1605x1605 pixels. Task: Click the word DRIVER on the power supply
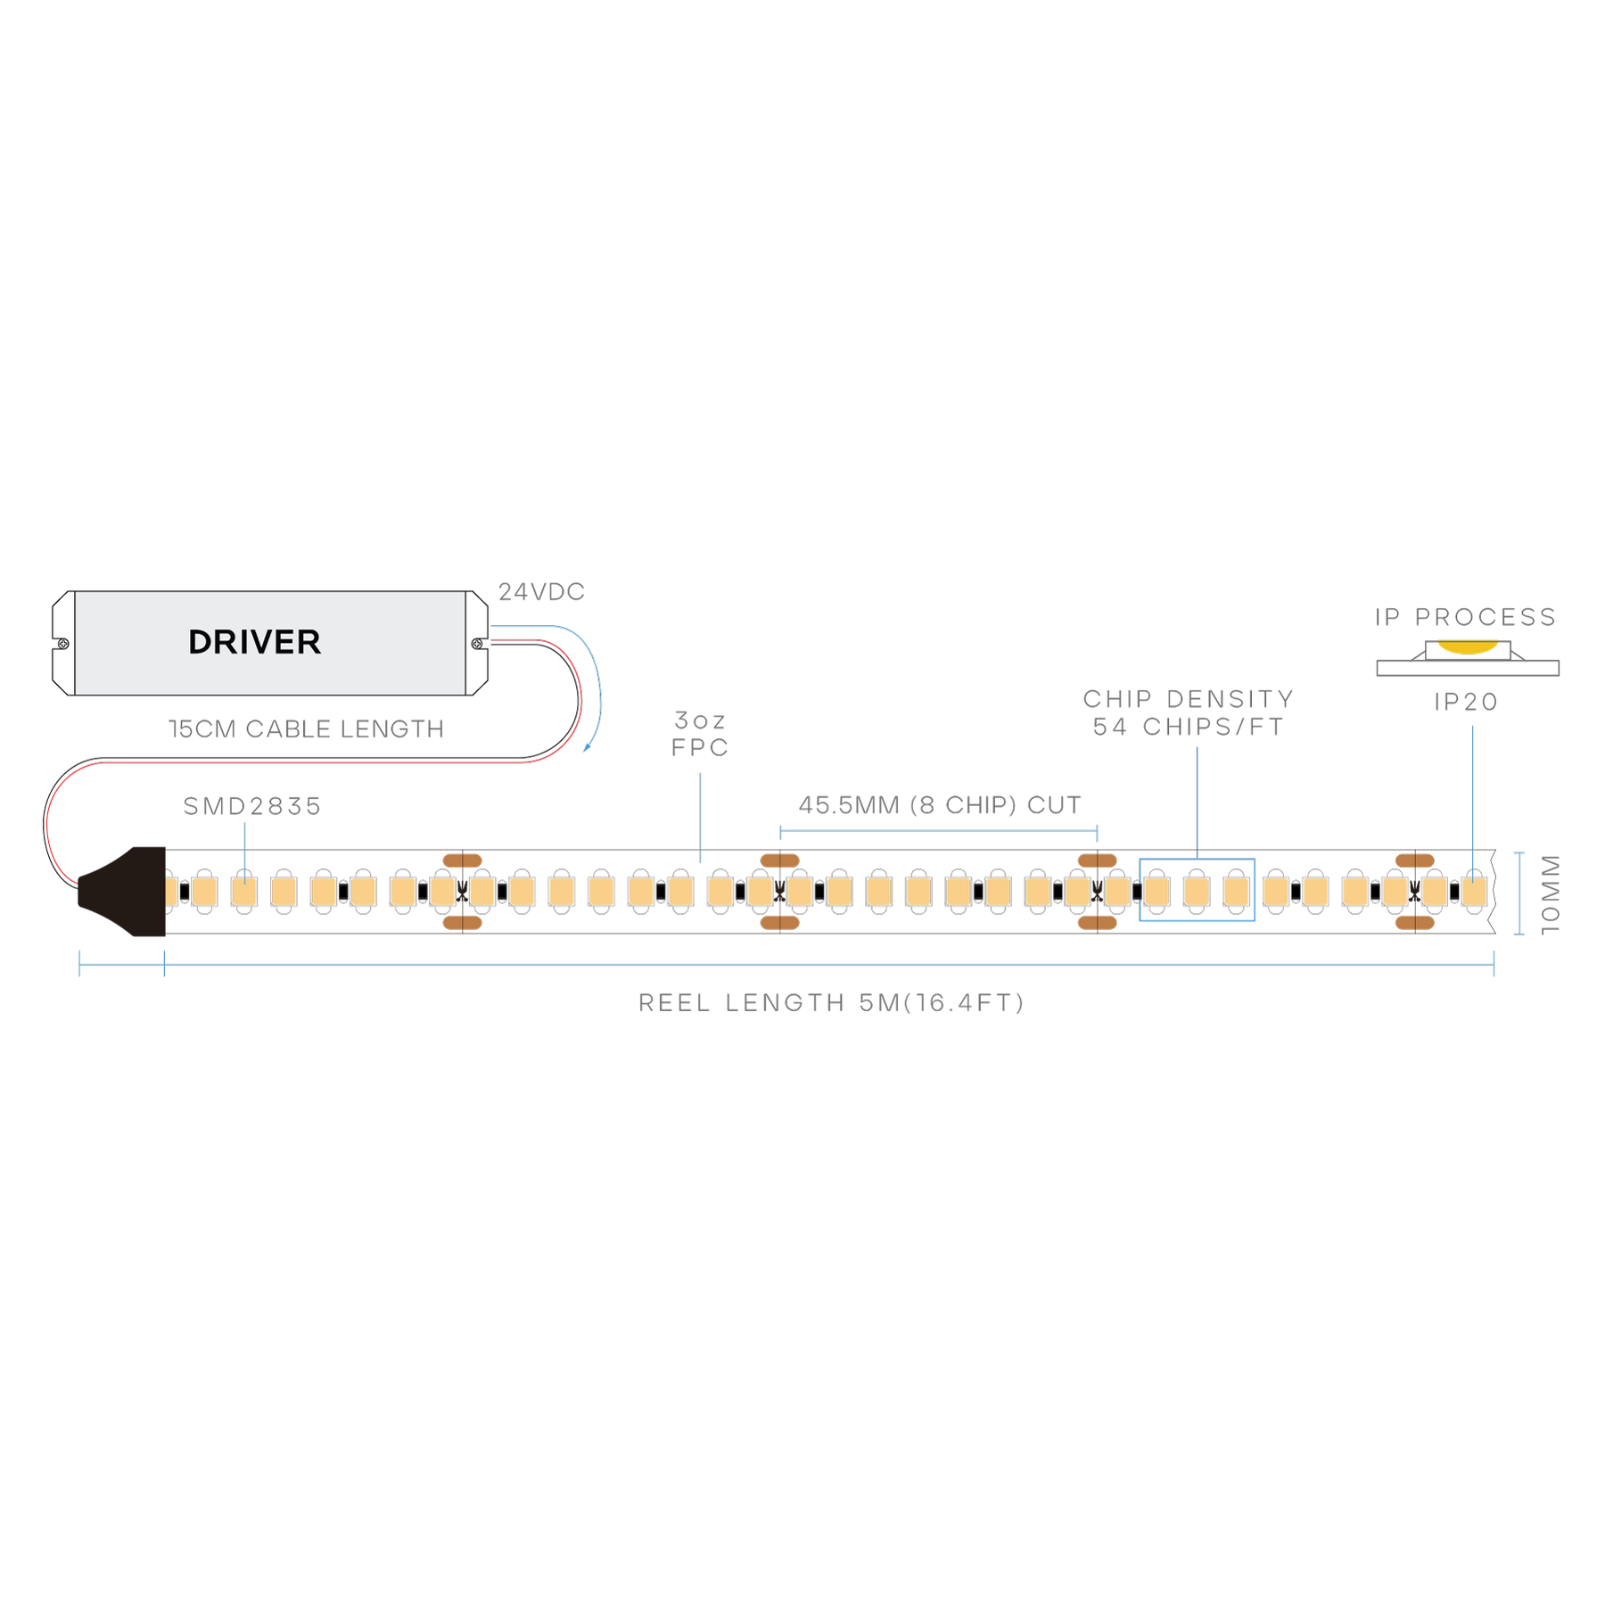click(254, 642)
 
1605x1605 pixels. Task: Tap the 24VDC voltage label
click(541, 591)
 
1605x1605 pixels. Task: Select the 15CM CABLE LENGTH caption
click(305, 729)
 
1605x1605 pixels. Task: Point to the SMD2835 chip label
click(251, 806)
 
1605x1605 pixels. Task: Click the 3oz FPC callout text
click(700, 733)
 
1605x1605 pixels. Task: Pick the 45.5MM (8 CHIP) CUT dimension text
click(939, 806)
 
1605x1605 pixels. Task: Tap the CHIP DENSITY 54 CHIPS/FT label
click(1188, 712)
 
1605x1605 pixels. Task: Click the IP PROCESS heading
click(1465, 617)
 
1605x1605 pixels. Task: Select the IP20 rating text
click(1465, 702)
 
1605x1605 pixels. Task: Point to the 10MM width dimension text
click(1551, 894)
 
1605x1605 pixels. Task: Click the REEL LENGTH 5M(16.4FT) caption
click(831, 1003)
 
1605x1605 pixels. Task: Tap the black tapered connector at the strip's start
click(125, 892)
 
